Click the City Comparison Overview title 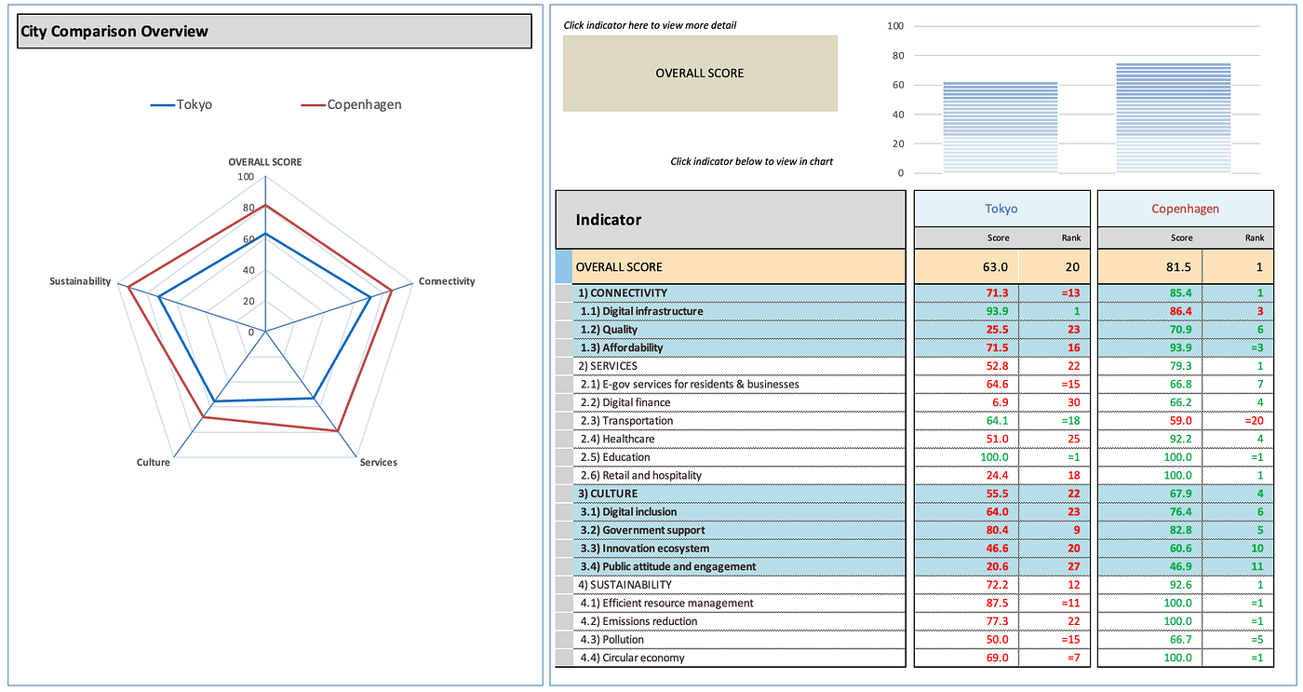click(x=114, y=32)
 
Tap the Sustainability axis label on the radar click(x=80, y=281)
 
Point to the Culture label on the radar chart click(x=153, y=463)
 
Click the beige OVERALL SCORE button click(x=700, y=74)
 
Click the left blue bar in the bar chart click(x=1001, y=128)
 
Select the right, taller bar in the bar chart click(x=1173, y=118)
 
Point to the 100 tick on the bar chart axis click(x=895, y=26)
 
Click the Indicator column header click(x=609, y=220)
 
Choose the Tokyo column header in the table click(x=1001, y=210)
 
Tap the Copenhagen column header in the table click(x=1185, y=210)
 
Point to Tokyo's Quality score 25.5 click(x=997, y=330)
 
